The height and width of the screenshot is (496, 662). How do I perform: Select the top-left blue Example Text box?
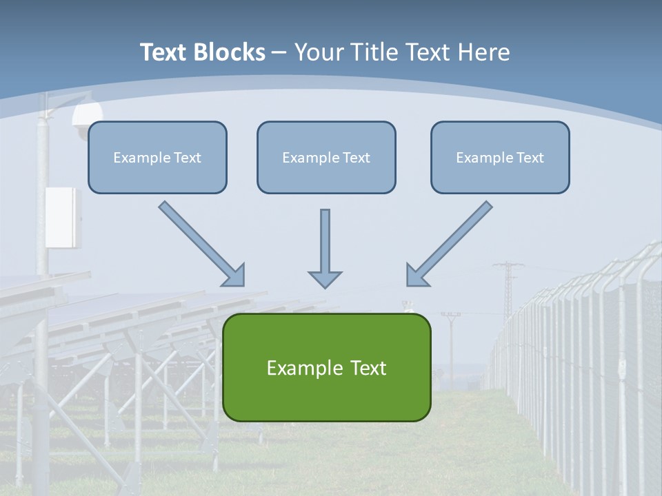(x=157, y=157)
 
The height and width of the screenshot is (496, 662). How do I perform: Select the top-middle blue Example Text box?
(x=326, y=157)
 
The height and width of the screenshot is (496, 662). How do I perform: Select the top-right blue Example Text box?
(x=500, y=157)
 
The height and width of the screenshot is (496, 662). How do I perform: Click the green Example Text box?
(x=326, y=367)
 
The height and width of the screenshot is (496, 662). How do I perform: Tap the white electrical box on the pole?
(x=63, y=217)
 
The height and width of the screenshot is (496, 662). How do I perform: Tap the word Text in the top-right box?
(x=529, y=157)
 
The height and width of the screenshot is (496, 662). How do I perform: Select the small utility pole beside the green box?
(x=451, y=344)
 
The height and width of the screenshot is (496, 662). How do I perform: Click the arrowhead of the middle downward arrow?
(x=325, y=278)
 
